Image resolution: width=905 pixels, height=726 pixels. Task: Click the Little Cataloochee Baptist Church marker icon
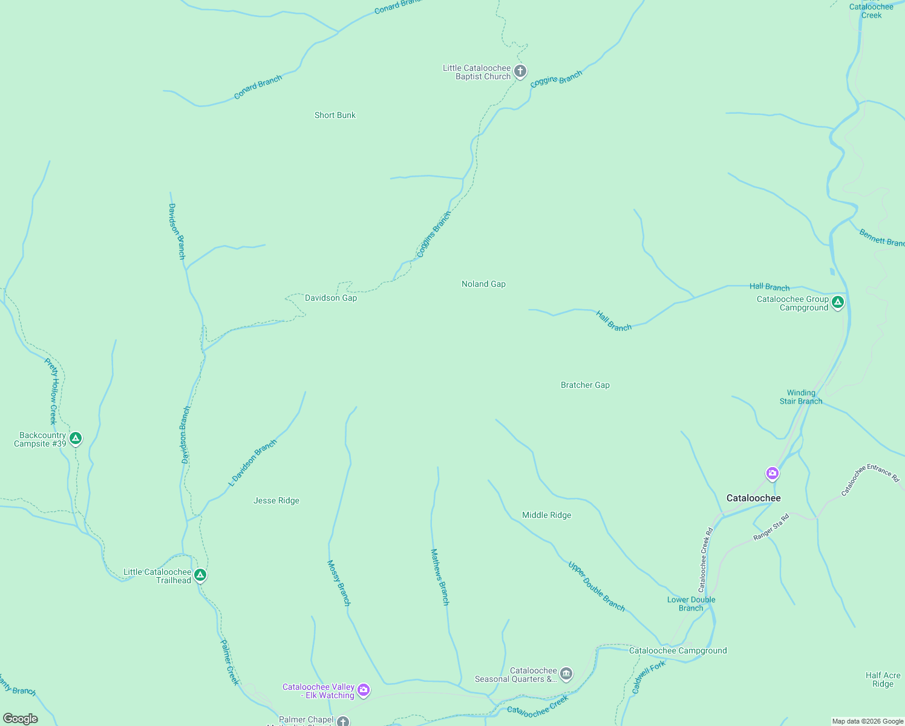520,71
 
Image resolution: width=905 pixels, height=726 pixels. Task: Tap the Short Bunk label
335,115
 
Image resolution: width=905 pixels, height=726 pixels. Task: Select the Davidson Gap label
331,298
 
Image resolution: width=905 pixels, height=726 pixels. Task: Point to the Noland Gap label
483,284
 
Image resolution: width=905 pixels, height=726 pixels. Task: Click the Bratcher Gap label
585,385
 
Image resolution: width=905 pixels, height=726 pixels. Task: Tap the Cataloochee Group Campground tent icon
838,302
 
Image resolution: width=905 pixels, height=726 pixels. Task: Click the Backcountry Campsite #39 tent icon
76,438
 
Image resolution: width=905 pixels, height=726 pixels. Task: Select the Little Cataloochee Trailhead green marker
200,575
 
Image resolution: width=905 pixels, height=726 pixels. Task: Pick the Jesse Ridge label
276,500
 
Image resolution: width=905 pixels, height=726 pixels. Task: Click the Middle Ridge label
546,515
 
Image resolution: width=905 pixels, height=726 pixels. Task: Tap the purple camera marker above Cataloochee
772,473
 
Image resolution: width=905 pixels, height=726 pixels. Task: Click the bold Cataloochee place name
753,498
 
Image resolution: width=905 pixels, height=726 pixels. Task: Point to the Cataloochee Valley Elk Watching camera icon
364,689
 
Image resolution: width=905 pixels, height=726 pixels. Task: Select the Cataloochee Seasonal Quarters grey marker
566,673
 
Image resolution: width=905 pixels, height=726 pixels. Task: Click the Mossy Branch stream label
339,583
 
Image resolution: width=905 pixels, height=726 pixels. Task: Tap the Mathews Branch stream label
440,577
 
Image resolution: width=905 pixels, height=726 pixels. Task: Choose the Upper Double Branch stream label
596,586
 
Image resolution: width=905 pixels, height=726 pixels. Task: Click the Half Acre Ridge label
883,679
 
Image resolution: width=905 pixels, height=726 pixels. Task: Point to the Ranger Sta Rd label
771,527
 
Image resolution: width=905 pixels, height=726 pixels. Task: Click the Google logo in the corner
21,719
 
